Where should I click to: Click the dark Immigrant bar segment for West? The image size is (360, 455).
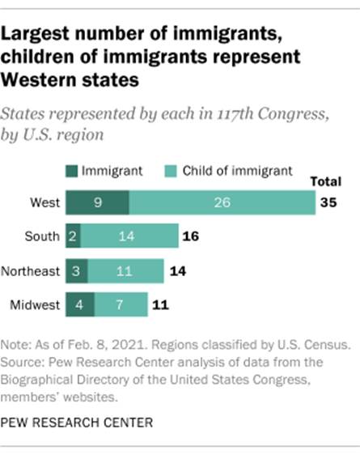tap(97, 202)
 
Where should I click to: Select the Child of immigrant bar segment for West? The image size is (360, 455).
tap(222, 202)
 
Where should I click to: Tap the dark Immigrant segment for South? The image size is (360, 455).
tap(74, 236)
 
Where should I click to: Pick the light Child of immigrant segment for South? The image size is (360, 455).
tap(125, 236)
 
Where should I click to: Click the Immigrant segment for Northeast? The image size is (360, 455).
tap(77, 270)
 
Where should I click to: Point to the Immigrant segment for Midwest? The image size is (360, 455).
tap(80, 305)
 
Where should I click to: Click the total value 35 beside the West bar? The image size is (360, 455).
tap(328, 202)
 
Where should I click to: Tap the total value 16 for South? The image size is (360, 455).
tap(190, 236)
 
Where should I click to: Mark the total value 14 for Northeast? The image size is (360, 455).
tap(176, 270)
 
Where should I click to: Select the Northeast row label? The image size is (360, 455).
tap(31, 270)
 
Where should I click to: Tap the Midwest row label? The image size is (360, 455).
tap(35, 305)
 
